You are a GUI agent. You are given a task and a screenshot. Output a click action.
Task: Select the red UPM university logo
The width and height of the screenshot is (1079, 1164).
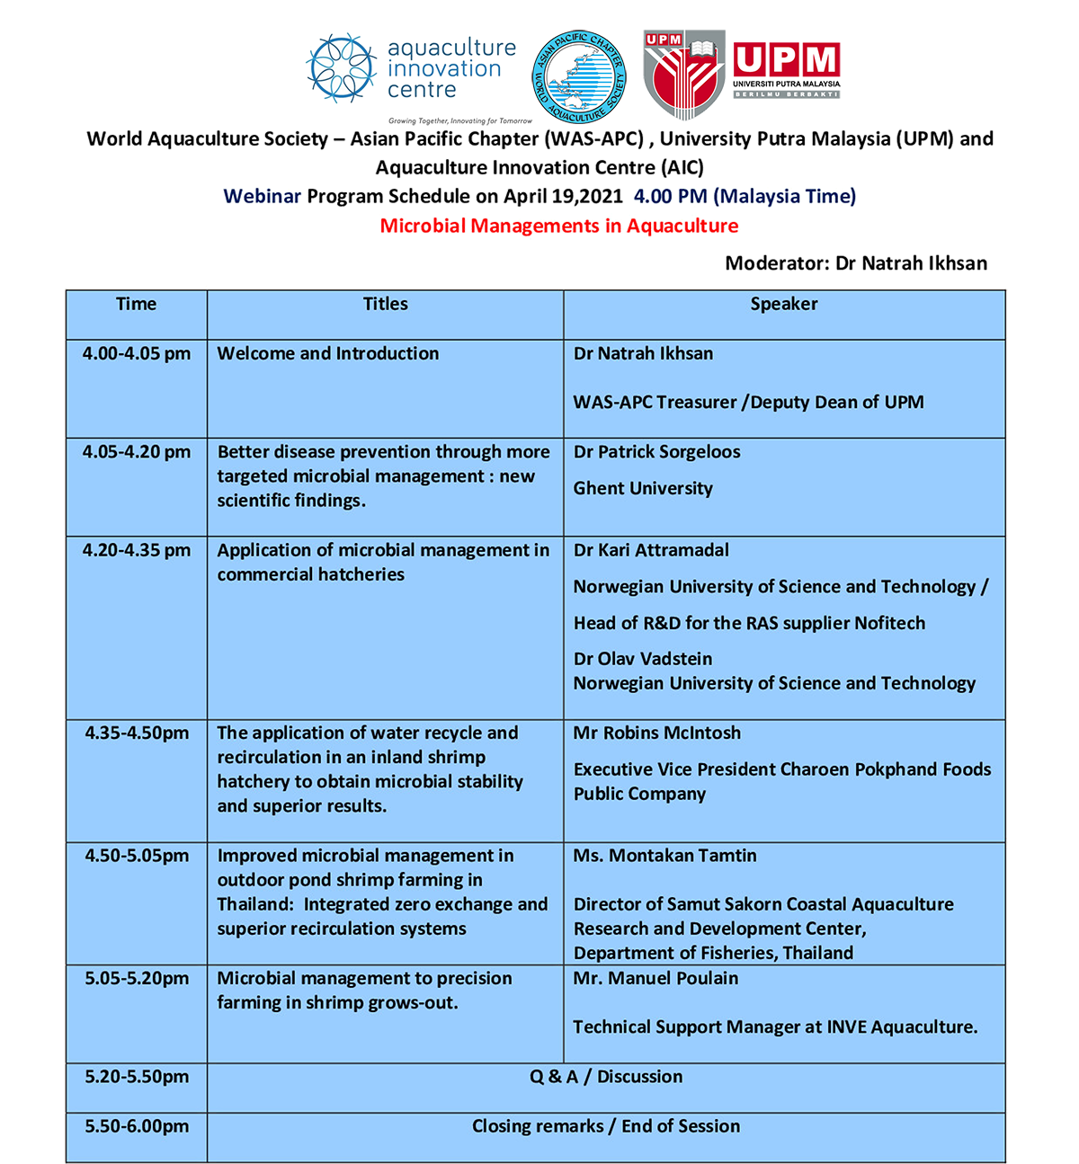(x=742, y=74)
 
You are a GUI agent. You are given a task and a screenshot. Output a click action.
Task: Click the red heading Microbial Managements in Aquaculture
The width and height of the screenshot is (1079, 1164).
(x=558, y=226)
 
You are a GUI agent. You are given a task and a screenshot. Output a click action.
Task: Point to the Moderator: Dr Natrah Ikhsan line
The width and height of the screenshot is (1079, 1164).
(x=856, y=263)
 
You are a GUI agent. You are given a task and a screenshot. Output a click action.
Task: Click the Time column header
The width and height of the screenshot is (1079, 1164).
(x=137, y=305)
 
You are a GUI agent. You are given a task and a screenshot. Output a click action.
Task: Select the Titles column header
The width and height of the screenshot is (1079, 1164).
(x=385, y=305)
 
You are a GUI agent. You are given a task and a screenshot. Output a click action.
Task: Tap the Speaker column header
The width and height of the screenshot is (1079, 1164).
(x=784, y=305)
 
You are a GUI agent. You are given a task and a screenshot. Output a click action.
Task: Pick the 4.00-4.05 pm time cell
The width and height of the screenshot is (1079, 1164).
(x=137, y=354)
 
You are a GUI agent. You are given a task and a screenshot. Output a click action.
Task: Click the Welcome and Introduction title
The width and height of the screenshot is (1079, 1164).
(x=328, y=354)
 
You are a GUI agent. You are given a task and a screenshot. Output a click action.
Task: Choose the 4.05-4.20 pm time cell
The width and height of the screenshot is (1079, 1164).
(x=137, y=452)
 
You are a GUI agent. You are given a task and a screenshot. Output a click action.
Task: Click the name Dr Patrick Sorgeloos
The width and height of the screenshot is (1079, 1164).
(x=657, y=452)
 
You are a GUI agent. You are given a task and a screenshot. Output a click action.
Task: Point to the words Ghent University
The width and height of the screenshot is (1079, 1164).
(x=643, y=489)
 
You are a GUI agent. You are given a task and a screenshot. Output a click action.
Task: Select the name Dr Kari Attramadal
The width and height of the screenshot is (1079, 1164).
(x=651, y=550)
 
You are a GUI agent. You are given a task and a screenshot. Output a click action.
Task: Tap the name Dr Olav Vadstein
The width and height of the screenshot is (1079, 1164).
(x=643, y=659)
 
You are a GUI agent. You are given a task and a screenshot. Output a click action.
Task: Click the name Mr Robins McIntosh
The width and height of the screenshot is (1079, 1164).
(x=657, y=733)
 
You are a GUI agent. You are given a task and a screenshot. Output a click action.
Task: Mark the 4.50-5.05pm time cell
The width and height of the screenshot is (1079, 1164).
(x=137, y=856)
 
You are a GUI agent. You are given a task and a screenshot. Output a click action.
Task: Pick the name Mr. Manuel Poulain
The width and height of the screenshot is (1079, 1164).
(x=655, y=979)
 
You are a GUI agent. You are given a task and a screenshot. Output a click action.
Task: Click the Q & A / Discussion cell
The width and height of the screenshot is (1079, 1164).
(x=606, y=1077)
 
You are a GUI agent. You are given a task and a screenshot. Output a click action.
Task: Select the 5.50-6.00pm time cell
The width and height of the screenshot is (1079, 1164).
(x=137, y=1126)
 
